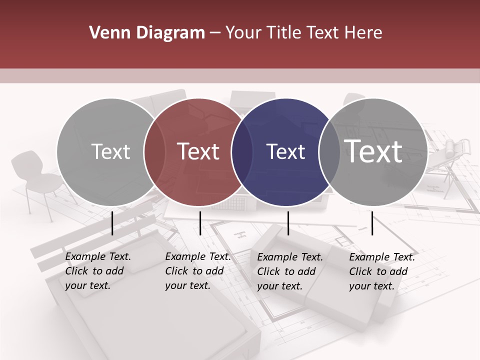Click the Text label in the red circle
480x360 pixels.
point(198,151)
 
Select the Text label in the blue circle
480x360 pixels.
point(285,151)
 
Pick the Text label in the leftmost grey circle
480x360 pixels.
point(110,151)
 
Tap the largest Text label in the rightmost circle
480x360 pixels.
point(373,151)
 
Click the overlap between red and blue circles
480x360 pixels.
point(242,152)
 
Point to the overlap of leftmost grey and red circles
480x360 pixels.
point(154,152)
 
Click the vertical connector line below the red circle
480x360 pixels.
point(200,223)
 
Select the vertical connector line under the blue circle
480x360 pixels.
point(288,223)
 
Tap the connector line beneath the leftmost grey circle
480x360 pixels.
point(112,223)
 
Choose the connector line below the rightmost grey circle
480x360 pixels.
point(372,223)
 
